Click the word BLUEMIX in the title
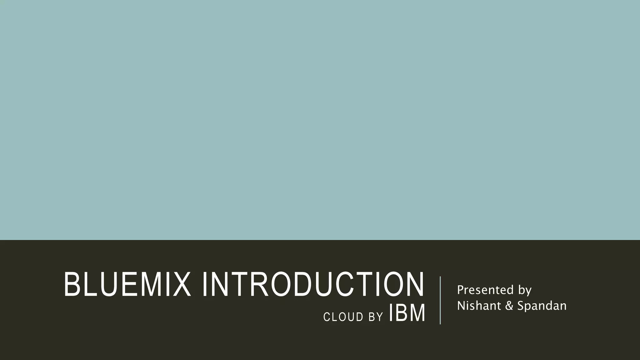pos(127,284)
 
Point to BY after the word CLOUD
pos(376,317)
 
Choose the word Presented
pos(485,290)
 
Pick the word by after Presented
pos(525,290)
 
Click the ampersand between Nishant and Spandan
pos(509,306)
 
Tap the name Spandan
pos(542,306)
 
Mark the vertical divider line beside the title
pos(440,300)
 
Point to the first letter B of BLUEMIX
pos(72,284)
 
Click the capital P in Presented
pos(460,290)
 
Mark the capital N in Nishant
pos(461,306)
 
